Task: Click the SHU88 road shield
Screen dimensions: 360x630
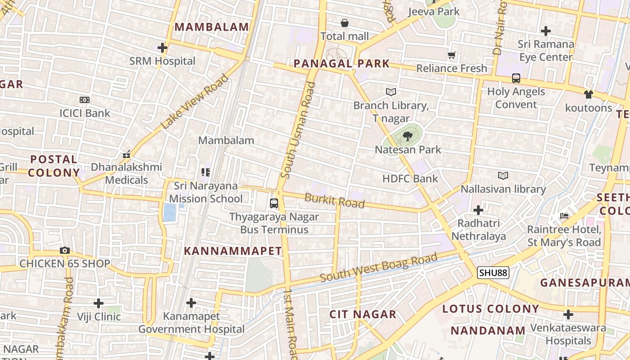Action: coord(493,273)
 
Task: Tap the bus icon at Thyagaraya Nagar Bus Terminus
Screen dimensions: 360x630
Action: coord(274,203)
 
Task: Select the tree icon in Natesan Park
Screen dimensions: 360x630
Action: coord(408,136)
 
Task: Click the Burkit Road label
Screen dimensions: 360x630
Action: coord(334,200)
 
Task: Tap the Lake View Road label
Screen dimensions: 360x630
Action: coord(194,102)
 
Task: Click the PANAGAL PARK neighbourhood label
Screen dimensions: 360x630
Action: coord(342,63)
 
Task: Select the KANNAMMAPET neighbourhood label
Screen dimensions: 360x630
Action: coord(233,251)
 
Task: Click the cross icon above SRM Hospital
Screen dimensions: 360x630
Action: coord(162,48)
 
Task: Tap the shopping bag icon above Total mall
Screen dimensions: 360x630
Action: coord(345,23)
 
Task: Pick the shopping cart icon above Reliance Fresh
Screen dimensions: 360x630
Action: coord(452,55)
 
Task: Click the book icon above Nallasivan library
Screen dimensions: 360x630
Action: coord(503,175)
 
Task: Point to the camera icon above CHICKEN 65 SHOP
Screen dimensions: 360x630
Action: coord(65,251)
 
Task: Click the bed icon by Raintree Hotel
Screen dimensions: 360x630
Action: coord(564,216)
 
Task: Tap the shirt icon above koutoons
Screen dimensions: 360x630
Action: coord(589,94)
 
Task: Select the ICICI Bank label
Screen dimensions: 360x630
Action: coord(85,113)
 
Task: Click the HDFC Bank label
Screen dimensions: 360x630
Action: coord(410,179)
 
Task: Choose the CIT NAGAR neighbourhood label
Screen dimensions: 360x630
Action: coord(363,314)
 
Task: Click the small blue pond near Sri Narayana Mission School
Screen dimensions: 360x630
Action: coord(170,212)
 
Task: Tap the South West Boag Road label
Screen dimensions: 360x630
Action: coord(378,268)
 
